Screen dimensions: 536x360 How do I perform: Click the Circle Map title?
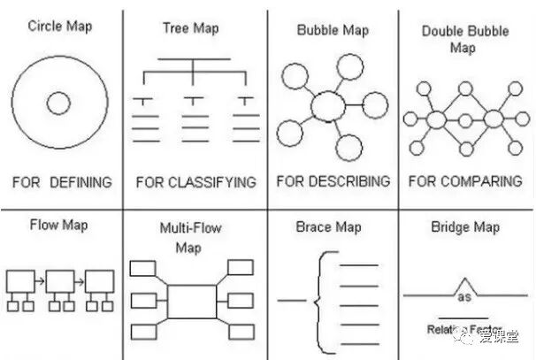(x=59, y=26)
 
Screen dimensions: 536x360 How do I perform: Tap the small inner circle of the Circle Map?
(x=58, y=104)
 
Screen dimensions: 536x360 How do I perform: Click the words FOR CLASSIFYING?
(x=195, y=182)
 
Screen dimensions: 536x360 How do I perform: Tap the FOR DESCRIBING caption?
(x=333, y=181)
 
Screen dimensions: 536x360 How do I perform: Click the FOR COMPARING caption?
(x=464, y=181)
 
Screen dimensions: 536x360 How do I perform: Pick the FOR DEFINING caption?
(x=61, y=182)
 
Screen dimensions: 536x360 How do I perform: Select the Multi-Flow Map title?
(x=189, y=237)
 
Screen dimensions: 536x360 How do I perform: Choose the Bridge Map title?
(x=464, y=227)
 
